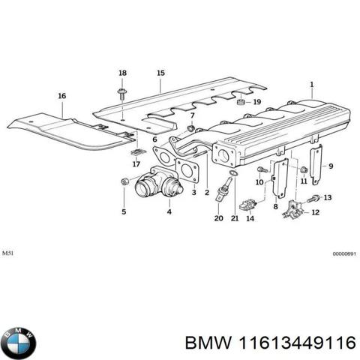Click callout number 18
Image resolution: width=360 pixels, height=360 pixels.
(122, 72)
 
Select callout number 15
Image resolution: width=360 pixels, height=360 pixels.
(160, 72)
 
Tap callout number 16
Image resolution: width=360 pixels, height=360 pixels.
(61, 95)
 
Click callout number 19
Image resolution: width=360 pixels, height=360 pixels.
(256, 102)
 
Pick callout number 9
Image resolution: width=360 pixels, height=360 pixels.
(332, 166)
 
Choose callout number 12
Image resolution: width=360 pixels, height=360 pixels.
(315, 212)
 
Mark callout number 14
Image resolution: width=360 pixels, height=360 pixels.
(250, 218)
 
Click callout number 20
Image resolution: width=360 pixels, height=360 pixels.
(218, 218)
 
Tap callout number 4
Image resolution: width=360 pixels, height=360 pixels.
(169, 212)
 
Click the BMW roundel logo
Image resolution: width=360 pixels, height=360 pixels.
(18, 345)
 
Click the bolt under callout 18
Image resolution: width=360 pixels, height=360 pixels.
(122, 91)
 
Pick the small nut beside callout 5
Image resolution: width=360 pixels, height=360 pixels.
(124, 182)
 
